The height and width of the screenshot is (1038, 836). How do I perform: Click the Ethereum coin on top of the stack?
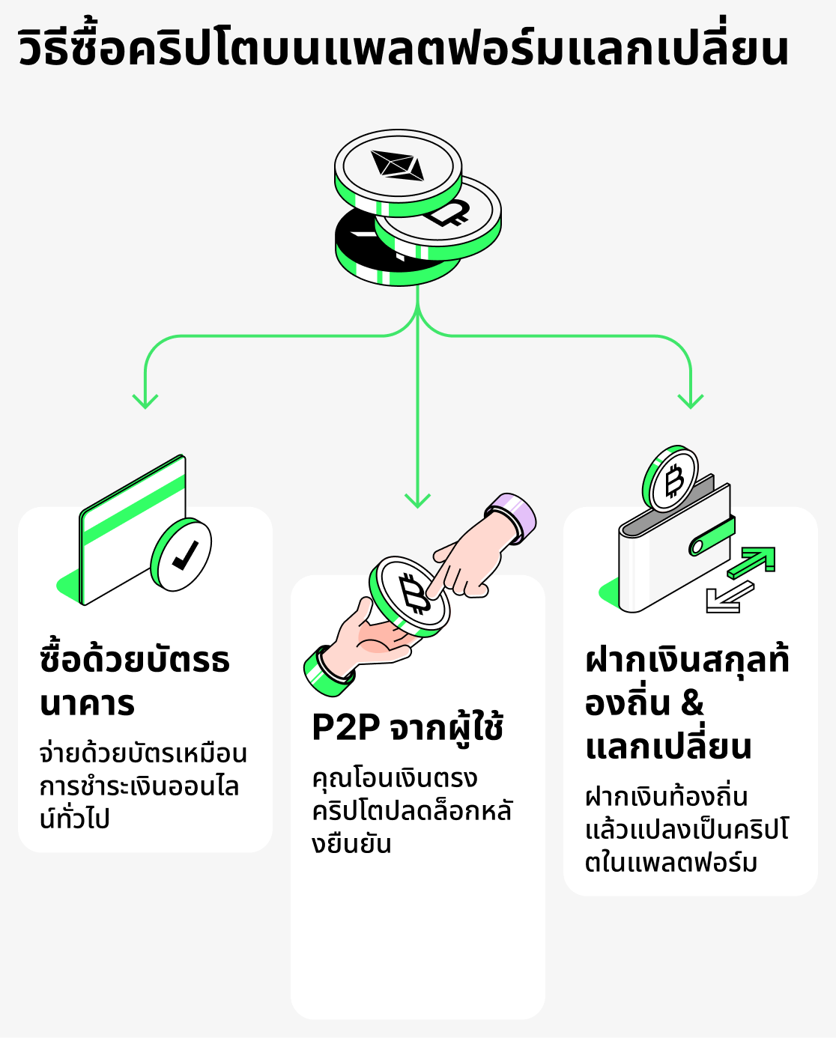(x=398, y=166)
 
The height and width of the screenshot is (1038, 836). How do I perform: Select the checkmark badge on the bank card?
(x=181, y=555)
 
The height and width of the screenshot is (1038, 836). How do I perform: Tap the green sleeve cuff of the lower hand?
(x=327, y=671)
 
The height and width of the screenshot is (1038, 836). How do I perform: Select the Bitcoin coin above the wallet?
(x=671, y=480)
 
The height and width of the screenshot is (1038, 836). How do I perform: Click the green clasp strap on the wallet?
(x=712, y=536)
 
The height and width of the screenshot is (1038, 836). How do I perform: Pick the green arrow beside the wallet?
(x=753, y=562)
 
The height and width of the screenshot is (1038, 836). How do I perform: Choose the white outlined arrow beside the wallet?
(x=727, y=598)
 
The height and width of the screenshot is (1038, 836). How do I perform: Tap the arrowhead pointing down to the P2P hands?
(x=417, y=500)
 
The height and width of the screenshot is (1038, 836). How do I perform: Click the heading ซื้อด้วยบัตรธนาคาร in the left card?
(x=135, y=682)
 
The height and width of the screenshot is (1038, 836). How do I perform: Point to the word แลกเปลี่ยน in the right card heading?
(x=668, y=747)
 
